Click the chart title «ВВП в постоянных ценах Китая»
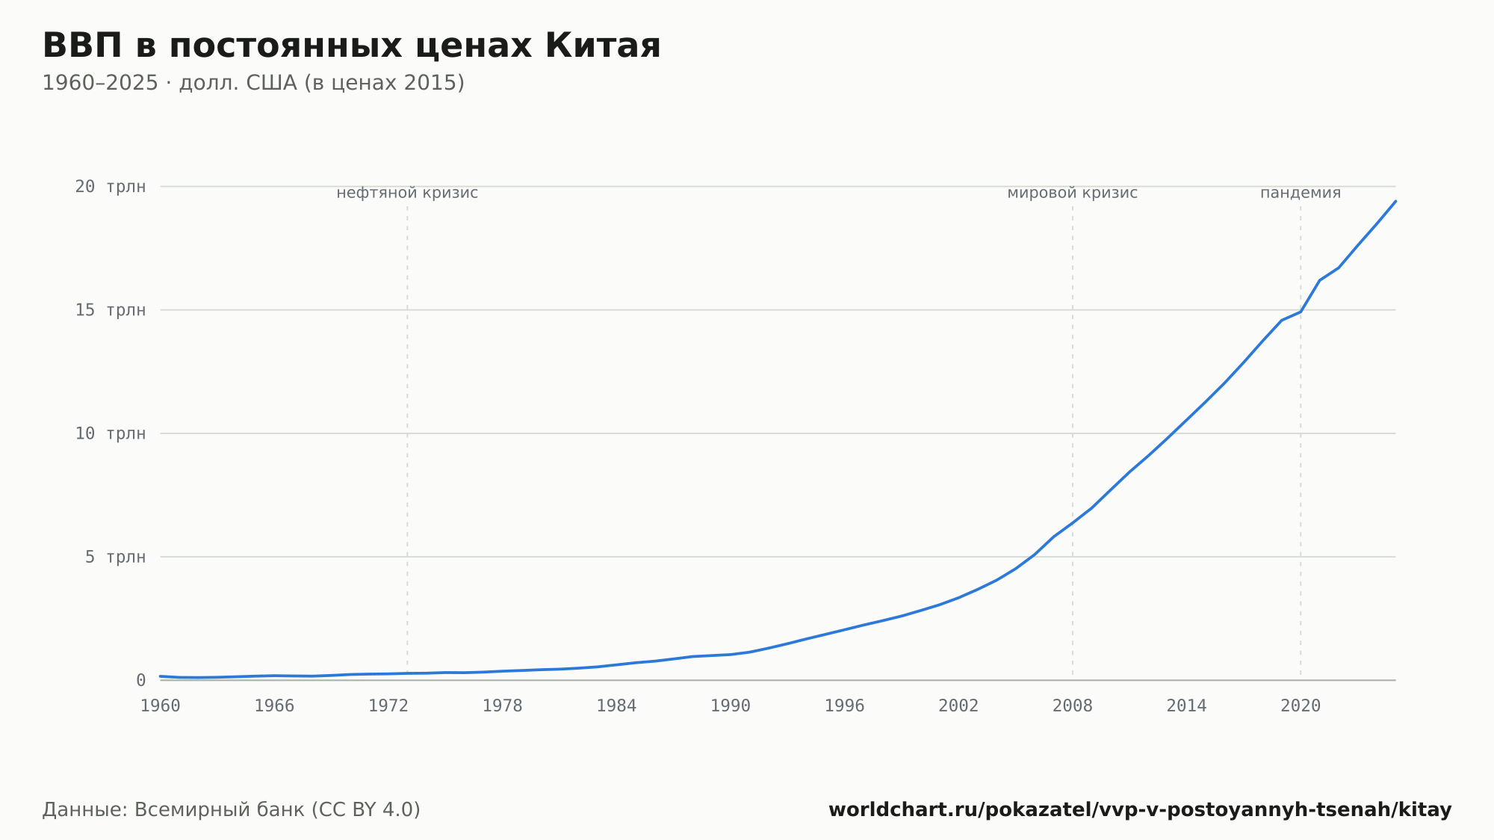tap(351, 46)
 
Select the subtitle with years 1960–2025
tap(253, 83)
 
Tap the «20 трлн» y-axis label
tap(111, 186)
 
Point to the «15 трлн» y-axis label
tap(111, 309)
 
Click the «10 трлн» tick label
tap(111, 433)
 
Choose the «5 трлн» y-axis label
tap(115, 557)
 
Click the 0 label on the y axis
tap(141, 680)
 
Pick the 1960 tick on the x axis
tap(161, 706)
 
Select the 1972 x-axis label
tap(388, 706)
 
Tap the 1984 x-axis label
tap(616, 706)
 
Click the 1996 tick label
tap(844, 706)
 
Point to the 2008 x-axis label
tap(1073, 706)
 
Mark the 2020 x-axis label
tap(1301, 706)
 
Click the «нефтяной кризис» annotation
tap(407, 193)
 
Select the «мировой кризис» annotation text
tap(1073, 193)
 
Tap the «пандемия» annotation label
tap(1301, 193)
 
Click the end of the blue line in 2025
tap(1395, 201)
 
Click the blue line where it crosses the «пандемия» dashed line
tap(1301, 312)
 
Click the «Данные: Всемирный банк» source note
tap(232, 810)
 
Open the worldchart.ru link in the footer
tap(1140, 810)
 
